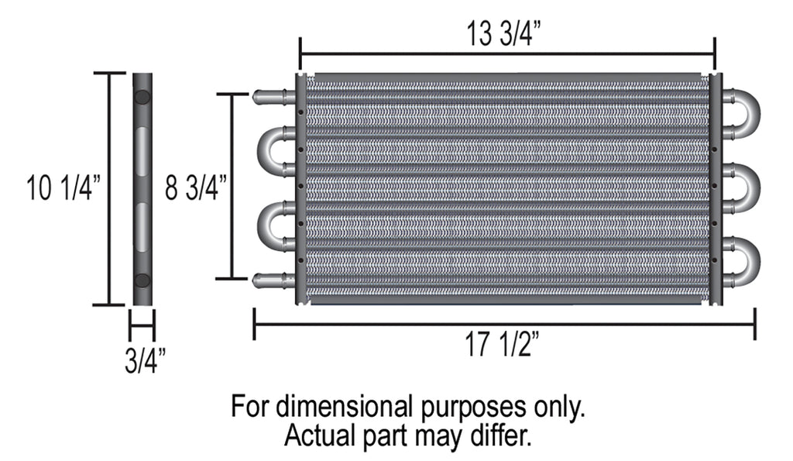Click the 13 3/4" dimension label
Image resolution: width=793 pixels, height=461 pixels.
click(503, 33)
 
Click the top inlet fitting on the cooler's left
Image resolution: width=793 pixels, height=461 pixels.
click(273, 97)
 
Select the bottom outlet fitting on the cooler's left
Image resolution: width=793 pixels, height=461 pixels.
click(273, 280)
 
